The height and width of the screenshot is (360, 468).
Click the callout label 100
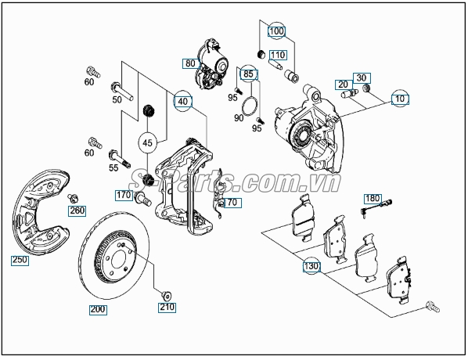tap(276, 32)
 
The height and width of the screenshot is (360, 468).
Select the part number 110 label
tap(277, 55)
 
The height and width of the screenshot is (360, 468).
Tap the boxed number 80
tap(191, 63)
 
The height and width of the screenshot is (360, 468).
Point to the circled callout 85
tap(249, 76)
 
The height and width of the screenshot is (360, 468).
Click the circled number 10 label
tap(401, 99)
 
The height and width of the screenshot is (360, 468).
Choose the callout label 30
tap(361, 77)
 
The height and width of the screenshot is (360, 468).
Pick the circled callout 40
tap(182, 101)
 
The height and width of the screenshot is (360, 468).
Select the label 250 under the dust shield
tap(20, 260)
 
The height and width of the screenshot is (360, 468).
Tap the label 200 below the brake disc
tap(98, 309)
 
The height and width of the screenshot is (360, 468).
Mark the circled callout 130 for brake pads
tap(311, 266)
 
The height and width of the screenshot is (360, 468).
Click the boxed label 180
tap(372, 199)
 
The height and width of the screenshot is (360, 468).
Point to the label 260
tap(77, 210)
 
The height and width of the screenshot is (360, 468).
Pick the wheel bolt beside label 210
tap(165, 294)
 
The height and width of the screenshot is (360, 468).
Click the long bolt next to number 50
tap(117, 87)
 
